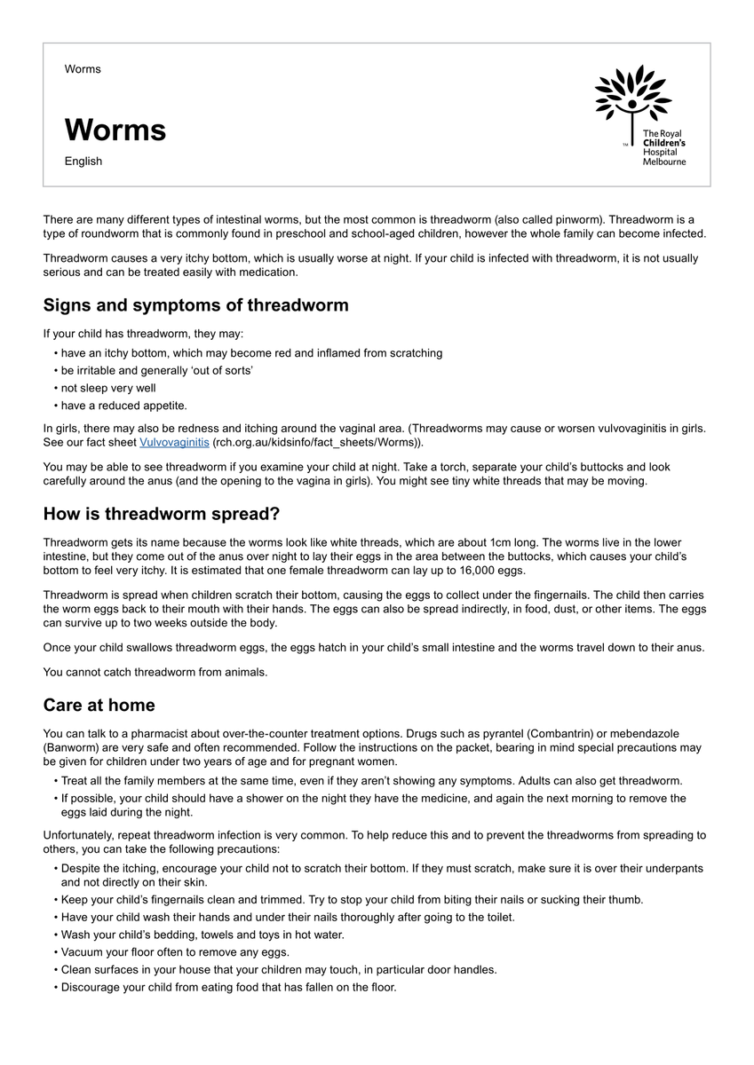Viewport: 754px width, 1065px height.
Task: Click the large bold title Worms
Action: tap(115, 130)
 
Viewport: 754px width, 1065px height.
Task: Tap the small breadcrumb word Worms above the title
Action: tap(83, 69)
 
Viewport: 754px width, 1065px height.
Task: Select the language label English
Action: tap(83, 162)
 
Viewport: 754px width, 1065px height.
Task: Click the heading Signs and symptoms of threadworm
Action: tap(195, 305)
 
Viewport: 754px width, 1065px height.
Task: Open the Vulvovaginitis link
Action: tap(174, 442)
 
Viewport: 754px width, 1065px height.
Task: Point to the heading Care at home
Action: tap(99, 706)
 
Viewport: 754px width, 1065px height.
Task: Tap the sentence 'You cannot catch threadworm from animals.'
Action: tap(155, 673)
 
